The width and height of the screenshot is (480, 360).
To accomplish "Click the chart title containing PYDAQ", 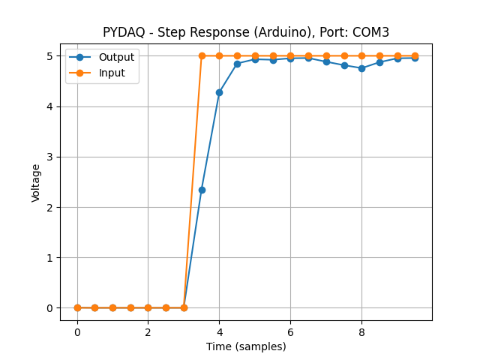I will [x=246, y=32].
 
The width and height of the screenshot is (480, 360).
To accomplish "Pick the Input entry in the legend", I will [x=112, y=73].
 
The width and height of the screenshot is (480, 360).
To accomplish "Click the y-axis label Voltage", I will [x=36, y=182].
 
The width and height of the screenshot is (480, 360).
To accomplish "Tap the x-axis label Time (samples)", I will [x=246, y=346].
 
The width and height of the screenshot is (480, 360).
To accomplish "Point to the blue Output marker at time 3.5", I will [x=202, y=190].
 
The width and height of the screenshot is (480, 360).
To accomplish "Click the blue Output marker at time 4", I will [x=219, y=92].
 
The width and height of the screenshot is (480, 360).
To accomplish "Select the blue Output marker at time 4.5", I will [x=237, y=64].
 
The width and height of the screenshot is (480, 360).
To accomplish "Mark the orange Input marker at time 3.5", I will [x=202, y=55].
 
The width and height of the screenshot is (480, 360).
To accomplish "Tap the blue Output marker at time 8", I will [x=361, y=68].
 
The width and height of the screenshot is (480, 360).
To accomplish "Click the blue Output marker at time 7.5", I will [x=344, y=65].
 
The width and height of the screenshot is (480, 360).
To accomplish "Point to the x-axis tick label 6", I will [x=290, y=331].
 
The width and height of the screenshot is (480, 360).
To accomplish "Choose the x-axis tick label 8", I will [x=361, y=331].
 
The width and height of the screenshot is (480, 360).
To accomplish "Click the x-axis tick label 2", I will [x=148, y=331].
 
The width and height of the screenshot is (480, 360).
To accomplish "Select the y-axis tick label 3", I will [x=49, y=157].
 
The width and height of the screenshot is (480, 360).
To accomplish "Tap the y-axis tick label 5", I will [x=49, y=56].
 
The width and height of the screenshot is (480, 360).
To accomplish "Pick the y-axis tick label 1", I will [x=49, y=258].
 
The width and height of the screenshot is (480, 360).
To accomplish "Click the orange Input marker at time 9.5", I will [x=415, y=55].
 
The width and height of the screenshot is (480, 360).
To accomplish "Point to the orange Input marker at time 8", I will [x=361, y=55].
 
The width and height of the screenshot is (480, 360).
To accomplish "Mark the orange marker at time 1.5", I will [x=130, y=307].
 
